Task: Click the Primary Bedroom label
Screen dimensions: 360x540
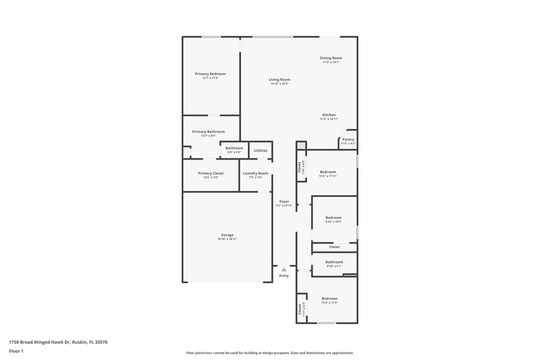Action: (x=210, y=74)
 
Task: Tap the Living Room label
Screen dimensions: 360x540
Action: (x=279, y=80)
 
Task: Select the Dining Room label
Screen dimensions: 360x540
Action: (x=331, y=58)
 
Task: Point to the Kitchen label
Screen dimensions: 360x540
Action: (x=329, y=115)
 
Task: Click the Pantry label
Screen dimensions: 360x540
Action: (x=348, y=140)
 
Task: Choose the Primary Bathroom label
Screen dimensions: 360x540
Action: (x=208, y=132)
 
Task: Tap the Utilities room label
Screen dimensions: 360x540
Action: (x=261, y=151)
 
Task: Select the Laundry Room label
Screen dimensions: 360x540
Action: (x=255, y=174)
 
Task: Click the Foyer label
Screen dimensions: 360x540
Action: (x=284, y=201)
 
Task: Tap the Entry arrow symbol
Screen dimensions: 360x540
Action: (x=284, y=269)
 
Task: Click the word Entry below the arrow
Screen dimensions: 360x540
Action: (x=284, y=276)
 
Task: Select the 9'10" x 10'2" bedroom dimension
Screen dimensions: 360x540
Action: (x=333, y=222)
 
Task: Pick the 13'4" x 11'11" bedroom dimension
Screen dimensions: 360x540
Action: (x=328, y=176)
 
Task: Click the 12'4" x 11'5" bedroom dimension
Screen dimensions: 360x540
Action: (x=329, y=303)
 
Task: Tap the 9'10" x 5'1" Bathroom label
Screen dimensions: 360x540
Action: (x=334, y=262)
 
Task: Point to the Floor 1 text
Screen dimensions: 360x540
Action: (x=16, y=352)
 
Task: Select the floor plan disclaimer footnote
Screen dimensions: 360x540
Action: (x=270, y=353)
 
